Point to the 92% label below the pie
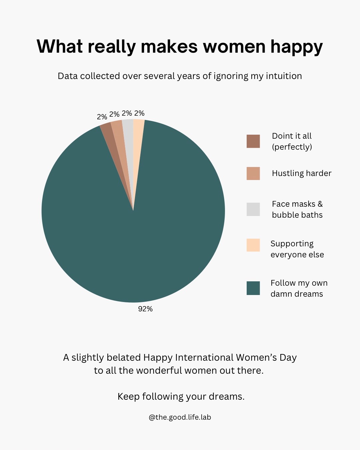(x=145, y=309)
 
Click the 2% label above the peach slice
(x=139, y=113)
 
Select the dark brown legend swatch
(x=253, y=141)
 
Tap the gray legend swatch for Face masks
(x=253, y=209)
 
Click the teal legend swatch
(x=253, y=288)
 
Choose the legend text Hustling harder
(x=301, y=173)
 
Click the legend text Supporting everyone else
(x=297, y=249)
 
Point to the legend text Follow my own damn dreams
(x=299, y=288)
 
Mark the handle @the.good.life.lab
(x=180, y=417)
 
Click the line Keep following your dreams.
(x=181, y=397)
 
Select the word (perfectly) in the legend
(x=292, y=147)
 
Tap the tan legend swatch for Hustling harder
(x=253, y=173)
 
